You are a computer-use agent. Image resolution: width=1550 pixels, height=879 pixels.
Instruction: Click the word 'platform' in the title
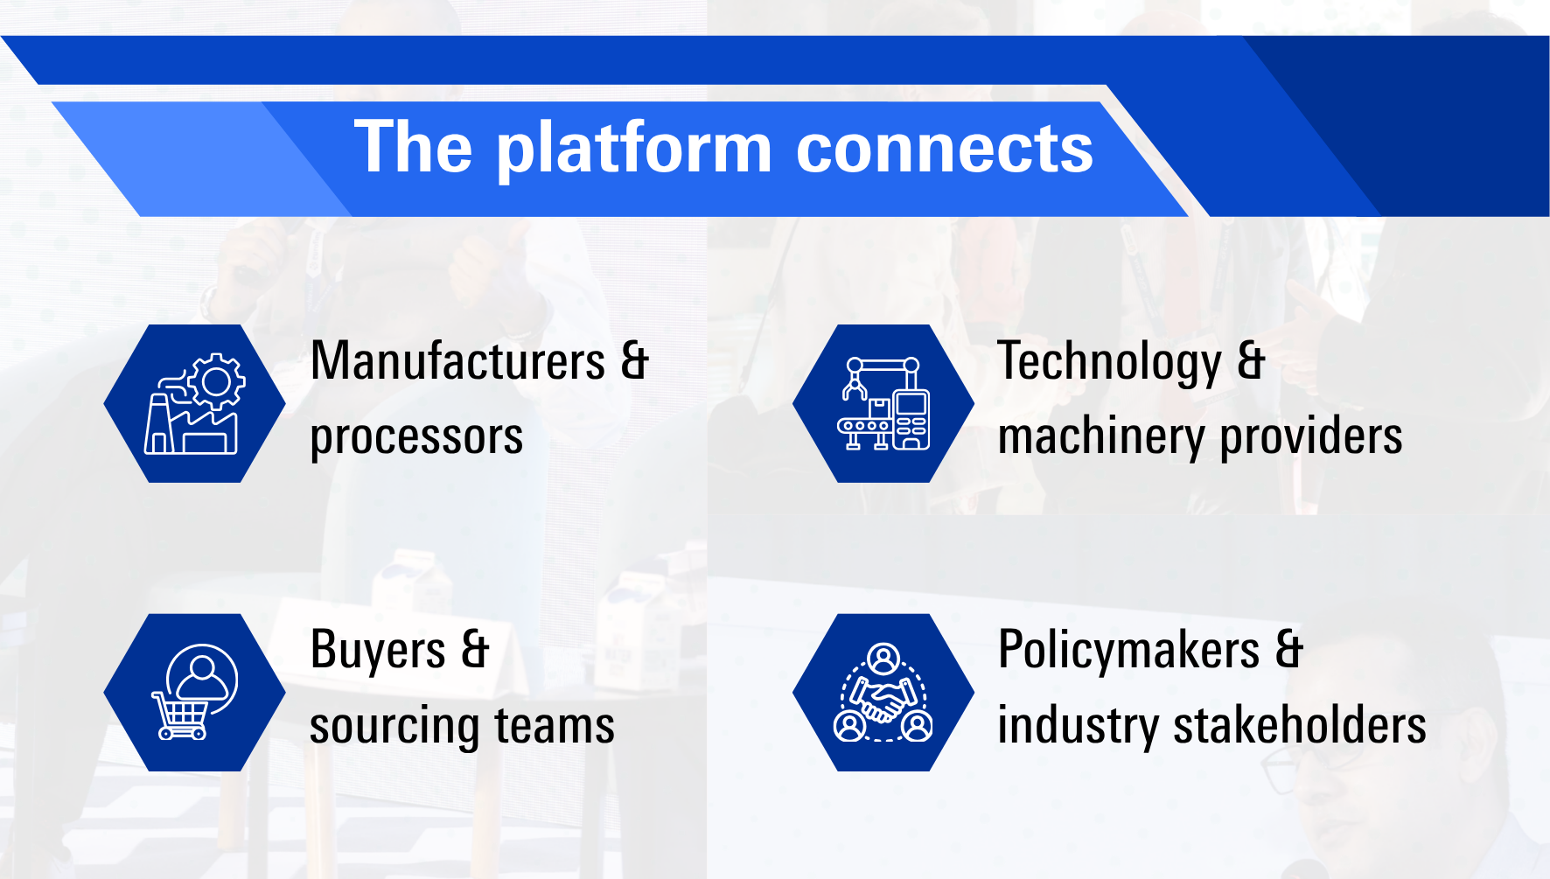635,150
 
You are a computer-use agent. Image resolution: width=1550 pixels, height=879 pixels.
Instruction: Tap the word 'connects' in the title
945,149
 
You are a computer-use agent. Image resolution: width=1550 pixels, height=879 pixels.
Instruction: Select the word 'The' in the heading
414,146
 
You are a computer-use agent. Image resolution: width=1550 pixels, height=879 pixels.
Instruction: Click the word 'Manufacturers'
458,360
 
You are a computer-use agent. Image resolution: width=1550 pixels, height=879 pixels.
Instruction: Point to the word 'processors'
416,436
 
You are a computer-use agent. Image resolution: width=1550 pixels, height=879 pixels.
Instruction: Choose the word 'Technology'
1110,362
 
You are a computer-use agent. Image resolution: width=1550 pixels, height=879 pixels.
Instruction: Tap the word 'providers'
1311,436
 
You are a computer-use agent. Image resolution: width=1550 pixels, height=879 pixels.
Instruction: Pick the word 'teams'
555,726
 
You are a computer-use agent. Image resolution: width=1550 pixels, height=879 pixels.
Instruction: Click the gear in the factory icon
216,382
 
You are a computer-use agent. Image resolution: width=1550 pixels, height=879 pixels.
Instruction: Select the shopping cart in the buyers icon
181,716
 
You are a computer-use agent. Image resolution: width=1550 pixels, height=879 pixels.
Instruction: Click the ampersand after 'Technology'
1252,360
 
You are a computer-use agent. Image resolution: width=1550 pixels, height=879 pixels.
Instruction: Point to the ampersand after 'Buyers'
475,650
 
